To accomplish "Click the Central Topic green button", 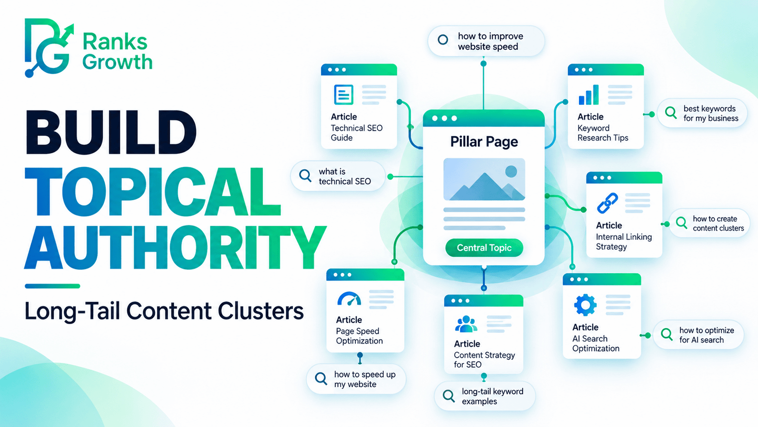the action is click(x=484, y=248).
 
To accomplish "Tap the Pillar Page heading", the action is click(x=484, y=142).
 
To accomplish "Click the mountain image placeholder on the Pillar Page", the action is click(x=484, y=179).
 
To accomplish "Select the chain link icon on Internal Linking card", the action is click(x=607, y=203).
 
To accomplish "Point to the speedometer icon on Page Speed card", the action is click(x=349, y=299).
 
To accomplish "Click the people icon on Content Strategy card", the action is click(x=466, y=324).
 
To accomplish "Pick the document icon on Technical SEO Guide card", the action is click(x=343, y=94).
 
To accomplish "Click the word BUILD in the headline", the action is click(x=111, y=132).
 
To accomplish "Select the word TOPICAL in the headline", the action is click(x=153, y=192).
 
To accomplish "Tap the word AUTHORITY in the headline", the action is click(x=175, y=247).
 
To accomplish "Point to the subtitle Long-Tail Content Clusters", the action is click(x=164, y=311).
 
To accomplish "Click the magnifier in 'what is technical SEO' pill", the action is click(x=305, y=176).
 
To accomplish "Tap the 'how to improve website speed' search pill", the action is click(x=486, y=41).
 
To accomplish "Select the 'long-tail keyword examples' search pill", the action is click(x=485, y=396).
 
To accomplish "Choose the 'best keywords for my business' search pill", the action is click(x=702, y=113).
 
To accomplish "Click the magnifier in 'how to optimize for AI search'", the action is click(x=667, y=334).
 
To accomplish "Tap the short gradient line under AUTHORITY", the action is click(x=53, y=286).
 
